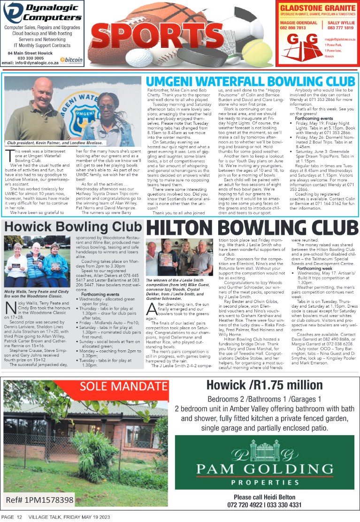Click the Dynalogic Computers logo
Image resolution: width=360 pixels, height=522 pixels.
click(x=42, y=13)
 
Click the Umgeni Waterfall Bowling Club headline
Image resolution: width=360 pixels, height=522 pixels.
click(x=250, y=81)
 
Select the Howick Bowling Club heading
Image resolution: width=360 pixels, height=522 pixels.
click(x=73, y=227)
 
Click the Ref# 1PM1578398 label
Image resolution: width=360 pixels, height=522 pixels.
click(x=40, y=500)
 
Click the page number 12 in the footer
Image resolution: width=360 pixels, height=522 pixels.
click(x=19, y=517)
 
